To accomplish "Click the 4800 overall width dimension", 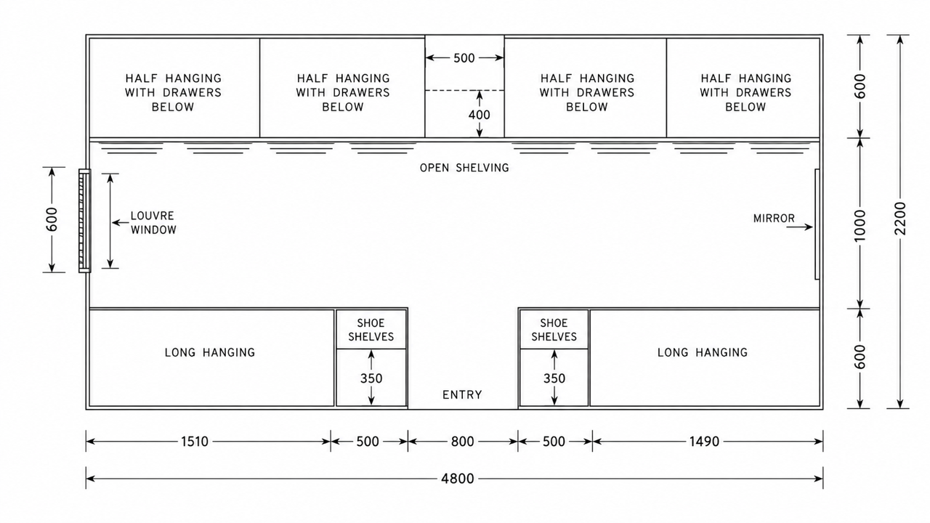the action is [457, 479].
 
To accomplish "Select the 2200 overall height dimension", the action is [899, 219].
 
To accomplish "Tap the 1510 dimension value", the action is [194, 441].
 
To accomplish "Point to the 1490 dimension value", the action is [704, 441].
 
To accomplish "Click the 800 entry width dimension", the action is [463, 441].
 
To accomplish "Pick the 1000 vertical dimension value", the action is [860, 225].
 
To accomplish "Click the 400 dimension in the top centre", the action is [479, 115].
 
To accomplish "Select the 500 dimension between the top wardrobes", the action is [464, 58].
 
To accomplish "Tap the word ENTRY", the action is [462, 394].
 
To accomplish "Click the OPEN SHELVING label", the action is [464, 168].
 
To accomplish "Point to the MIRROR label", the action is [774, 219].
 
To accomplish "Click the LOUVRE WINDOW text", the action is [153, 222].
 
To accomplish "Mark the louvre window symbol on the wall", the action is [85, 221].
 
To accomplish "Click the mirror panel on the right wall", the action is [817, 224].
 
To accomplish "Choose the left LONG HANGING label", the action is [210, 352].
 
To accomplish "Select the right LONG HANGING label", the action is [703, 352].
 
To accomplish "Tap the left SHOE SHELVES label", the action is [371, 330].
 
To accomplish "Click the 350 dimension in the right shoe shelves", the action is [554, 378].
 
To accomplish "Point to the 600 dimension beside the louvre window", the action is [52, 219].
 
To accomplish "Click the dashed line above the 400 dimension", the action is [464, 90].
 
